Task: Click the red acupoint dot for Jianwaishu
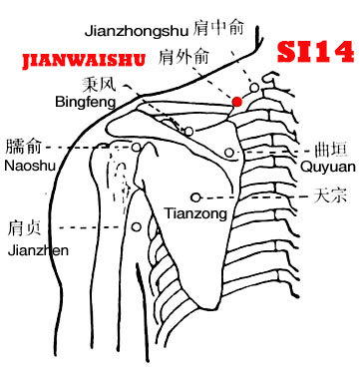tap(236, 102)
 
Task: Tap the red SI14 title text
tap(316, 52)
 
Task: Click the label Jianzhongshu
tap(137, 31)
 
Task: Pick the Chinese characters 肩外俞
tap(183, 57)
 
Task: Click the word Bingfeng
tap(86, 102)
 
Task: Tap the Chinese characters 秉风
tap(99, 84)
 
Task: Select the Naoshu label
tap(30, 166)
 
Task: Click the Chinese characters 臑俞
tap(23, 147)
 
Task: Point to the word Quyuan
tap(328, 167)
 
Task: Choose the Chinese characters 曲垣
tap(331, 150)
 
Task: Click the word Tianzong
tap(196, 213)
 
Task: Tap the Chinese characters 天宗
tap(330, 195)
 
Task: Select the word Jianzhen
tap(38, 250)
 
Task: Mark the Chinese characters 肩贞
tap(24, 228)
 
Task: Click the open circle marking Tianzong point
tap(196, 197)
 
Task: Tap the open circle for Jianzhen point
tap(137, 227)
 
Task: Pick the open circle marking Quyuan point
tap(229, 153)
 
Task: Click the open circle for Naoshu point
tap(137, 147)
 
